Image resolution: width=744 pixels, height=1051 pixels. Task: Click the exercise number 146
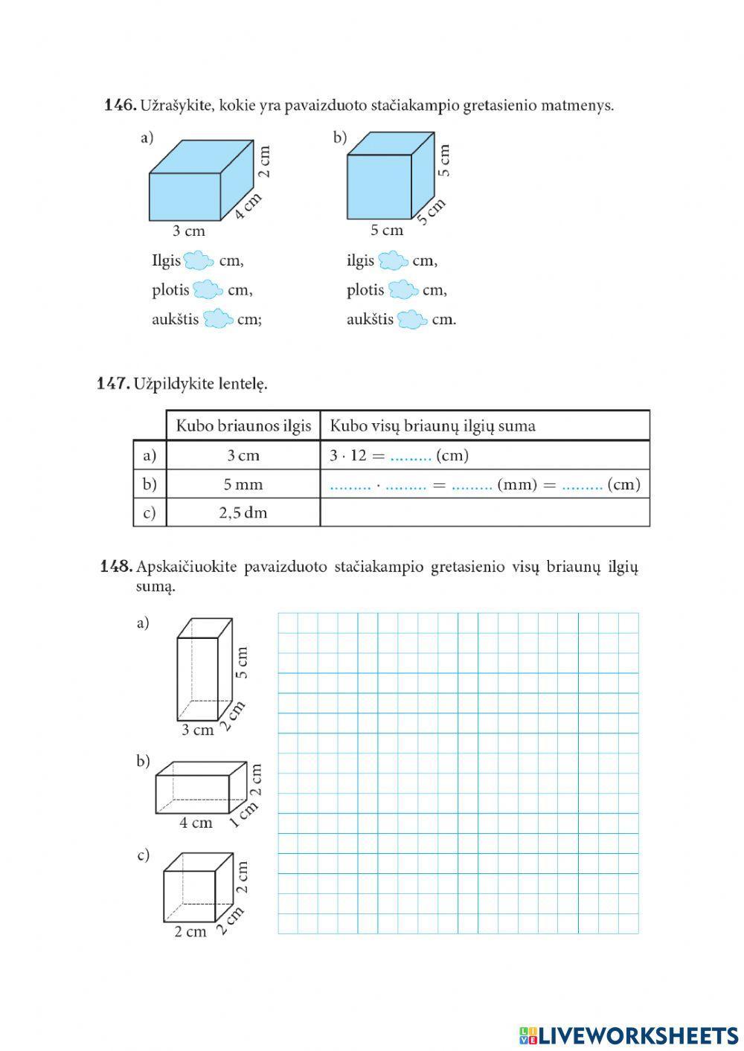[x=119, y=106]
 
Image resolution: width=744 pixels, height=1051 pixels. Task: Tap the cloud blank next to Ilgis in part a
[x=199, y=261]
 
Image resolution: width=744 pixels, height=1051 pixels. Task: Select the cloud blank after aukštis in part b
[x=412, y=320]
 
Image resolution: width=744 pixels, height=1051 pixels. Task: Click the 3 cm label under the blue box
[x=188, y=231]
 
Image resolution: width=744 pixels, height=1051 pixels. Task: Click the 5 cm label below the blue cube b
[x=387, y=231]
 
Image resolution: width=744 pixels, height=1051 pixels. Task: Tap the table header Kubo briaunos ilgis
[x=243, y=426]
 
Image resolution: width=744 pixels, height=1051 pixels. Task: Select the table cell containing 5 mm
[x=243, y=484]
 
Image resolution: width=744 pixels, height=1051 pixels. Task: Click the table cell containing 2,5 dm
[x=243, y=512]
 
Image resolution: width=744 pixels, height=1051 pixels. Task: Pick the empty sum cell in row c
[x=484, y=512]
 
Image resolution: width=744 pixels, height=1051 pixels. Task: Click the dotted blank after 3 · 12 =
[x=411, y=456]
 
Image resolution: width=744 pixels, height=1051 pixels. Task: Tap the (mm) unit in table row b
[x=516, y=485]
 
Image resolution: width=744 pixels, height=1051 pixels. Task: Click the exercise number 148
[x=115, y=567]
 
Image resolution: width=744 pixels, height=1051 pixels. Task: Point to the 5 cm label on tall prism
[x=241, y=662]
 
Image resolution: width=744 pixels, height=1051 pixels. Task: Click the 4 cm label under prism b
[x=196, y=823]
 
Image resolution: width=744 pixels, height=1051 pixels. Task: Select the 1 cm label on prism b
[x=243, y=814]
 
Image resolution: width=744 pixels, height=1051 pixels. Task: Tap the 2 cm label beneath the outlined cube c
[x=190, y=931]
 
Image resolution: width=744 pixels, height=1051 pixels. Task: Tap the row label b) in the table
[x=150, y=484]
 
